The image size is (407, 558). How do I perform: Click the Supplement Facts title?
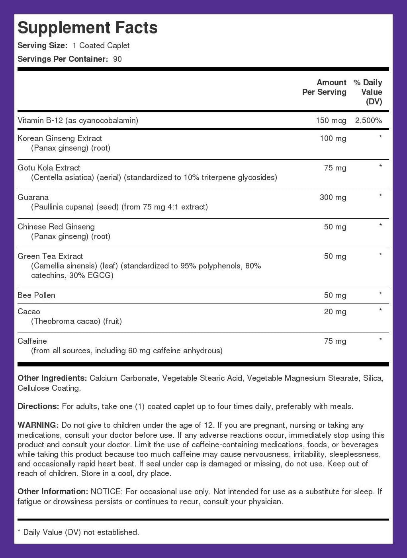pos(88,28)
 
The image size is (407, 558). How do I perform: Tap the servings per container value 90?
pos(117,59)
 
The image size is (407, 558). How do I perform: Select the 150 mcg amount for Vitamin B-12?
pos(331,120)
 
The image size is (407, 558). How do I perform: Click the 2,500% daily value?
pos(368,120)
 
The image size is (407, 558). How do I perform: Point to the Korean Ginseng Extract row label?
pos(60,138)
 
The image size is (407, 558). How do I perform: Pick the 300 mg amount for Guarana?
pos(333,197)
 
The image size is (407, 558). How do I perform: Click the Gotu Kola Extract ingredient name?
pos(49,168)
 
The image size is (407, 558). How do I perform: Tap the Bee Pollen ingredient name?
pos(36,295)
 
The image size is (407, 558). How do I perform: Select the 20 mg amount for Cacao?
pos(335,311)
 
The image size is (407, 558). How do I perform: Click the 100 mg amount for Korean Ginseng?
pos(333,138)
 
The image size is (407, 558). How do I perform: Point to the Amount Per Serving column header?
pos(324,87)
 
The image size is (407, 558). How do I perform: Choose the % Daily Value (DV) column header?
pos(368,92)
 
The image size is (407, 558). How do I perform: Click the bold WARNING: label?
pos(38,425)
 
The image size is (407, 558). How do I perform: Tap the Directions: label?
pos(38,406)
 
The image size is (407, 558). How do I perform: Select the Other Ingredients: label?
pos(52,378)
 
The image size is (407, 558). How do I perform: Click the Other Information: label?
pos(53,491)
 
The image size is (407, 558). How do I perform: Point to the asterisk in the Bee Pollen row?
pos(380,294)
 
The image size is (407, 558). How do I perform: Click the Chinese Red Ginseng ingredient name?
pos(56,227)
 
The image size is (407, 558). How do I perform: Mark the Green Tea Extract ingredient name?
pos(50,256)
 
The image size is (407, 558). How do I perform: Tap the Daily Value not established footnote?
pos(78,532)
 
